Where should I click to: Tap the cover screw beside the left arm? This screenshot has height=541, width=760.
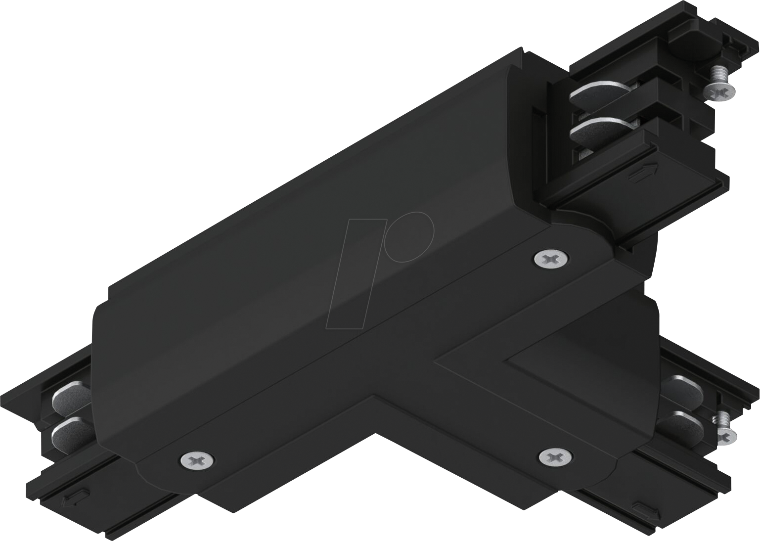tap(197, 459)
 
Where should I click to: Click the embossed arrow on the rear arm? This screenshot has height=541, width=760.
tap(643, 173)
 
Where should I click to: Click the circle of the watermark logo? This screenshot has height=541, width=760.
tap(409, 236)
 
